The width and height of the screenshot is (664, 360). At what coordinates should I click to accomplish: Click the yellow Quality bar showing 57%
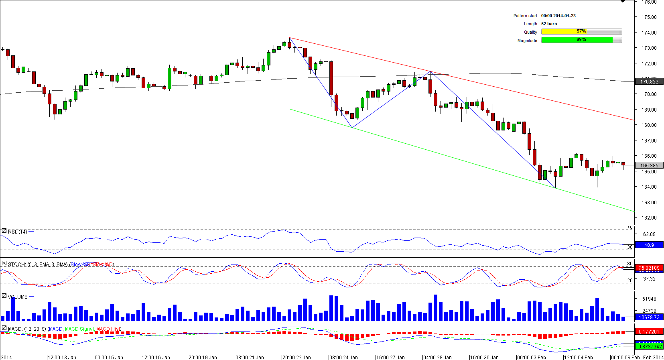[x=581, y=32]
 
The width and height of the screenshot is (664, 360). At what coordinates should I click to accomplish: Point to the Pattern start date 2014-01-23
[x=558, y=16]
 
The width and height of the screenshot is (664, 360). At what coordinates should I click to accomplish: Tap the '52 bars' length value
[x=549, y=24]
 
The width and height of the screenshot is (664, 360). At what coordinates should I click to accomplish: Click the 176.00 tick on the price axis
[x=648, y=2]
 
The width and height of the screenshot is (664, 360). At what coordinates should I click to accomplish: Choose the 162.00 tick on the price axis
[x=648, y=218]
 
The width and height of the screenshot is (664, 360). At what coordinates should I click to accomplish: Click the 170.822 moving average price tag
[x=649, y=82]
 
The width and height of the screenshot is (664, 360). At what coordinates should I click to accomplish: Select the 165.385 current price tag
[x=649, y=165]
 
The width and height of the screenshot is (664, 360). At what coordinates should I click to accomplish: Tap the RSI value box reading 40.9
[x=649, y=245]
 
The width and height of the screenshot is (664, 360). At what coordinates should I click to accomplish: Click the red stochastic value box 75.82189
[x=649, y=268]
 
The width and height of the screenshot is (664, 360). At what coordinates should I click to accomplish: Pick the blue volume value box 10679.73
[x=649, y=317]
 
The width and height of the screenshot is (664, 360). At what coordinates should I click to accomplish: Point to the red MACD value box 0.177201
[x=649, y=332]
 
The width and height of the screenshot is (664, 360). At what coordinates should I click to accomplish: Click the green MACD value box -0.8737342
[x=649, y=346]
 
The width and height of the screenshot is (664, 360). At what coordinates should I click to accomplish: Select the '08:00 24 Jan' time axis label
[x=343, y=357]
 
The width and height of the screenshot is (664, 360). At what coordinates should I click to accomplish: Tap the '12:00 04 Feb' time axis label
[x=578, y=357]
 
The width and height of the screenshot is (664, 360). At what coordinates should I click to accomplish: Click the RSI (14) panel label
[x=17, y=232]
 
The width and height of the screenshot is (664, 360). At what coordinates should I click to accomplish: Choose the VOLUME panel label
[x=18, y=297]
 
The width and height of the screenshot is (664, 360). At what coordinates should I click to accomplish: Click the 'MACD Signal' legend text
[x=79, y=329]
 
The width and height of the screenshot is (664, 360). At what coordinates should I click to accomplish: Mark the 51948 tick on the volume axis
[x=649, y=299]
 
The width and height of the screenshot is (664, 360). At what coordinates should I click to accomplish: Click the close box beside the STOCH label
[x=4, y=264]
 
